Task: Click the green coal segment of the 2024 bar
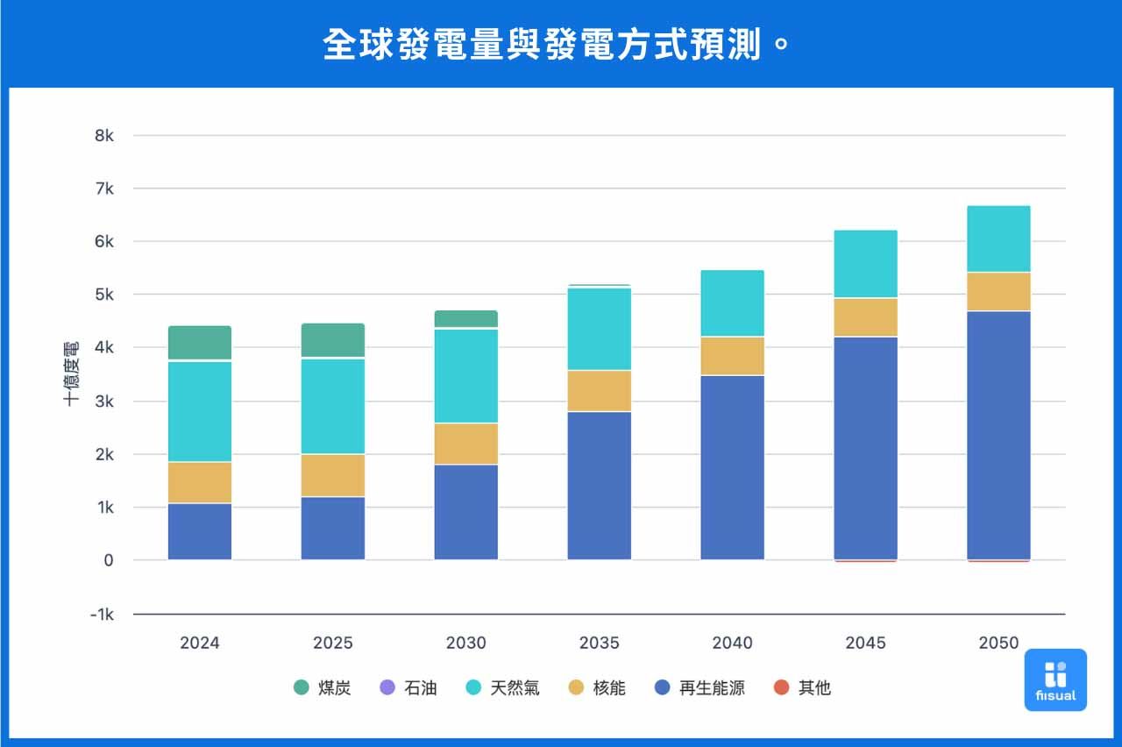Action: pyautogui.click(x=200, y=343)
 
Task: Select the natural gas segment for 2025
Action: pyautogui.click(x=333, y=406)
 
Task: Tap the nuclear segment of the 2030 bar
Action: pyautogui.click(x=466, y=444)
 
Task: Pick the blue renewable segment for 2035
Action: pyautogui.click(x=600, y=485)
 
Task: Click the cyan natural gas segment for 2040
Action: pyautogui.click(x=733, y=303)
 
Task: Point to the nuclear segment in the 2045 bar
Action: pyautogui.click(x=866, y=317)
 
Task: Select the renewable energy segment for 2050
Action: pyautogui.click(x=999, y=435)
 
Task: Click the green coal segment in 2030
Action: pyautogui.click(x=466, y=318)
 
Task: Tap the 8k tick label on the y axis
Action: pyautogui.click(x=104, y=136)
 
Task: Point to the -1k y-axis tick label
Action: pyautogui.click(x=102, y=615)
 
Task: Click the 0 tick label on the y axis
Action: pyautogui.click(x=109, y=560)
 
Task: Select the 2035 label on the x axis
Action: pyautogui.click(x=600, y=643)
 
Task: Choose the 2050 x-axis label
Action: pyautogui.click(x=999, y=643)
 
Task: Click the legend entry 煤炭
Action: pyautogui.click(x=323, y=688)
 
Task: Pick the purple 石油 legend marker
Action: pyautogui.click(x=386, y=688)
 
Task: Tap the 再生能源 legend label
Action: pyautogui.click(x=712, y=688)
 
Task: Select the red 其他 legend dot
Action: pyautogui.click(x=782, y=688)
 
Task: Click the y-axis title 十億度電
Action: pyautogui.click(x=72, y=373)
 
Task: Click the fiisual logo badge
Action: pyautogui.click(x=1055, y=679)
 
